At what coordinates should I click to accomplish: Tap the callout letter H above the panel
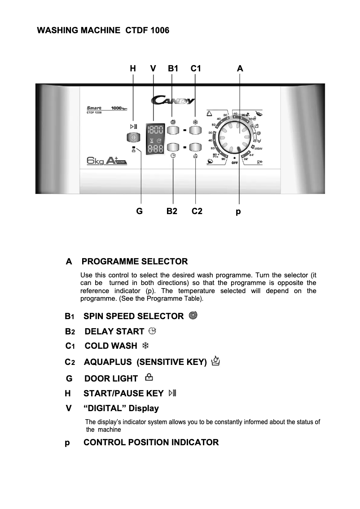click(x=133, y=69)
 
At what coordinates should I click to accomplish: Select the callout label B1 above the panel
click(x=173, y=69)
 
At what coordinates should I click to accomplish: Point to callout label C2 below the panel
click(x=197, y=211)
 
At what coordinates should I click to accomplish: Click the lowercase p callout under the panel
click(x=238, y=211)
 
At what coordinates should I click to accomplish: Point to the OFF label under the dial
click(x=235, y=162)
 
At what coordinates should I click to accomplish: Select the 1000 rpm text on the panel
click(x=118, y=108)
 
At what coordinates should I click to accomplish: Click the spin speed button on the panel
click(x=173, y=131)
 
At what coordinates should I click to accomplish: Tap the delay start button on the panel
click(x=173, y=147)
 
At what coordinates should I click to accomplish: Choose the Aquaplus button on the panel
click(x=196, y=147)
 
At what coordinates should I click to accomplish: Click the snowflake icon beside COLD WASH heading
click(x=145, y=346)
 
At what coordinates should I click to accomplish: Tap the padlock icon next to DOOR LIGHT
click(x=143, y=378)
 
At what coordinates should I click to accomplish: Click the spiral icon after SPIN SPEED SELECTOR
click(x=193, y=316)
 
